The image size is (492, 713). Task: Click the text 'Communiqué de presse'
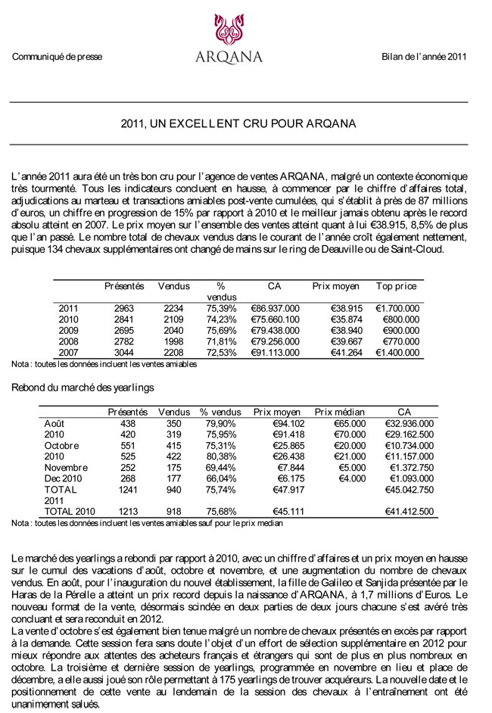click(57, 57)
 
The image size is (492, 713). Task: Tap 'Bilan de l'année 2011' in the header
click(424, 57)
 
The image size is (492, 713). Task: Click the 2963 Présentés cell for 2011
click(123, 309)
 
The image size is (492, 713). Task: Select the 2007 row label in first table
click(69, 353)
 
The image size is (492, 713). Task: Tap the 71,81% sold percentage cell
click(221, 341)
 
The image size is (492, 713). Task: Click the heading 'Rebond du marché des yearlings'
click(83, 388)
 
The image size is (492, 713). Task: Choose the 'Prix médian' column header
click(340, 412)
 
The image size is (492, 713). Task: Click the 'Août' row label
click(55, 423)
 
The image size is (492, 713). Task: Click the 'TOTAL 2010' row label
click(70, 512)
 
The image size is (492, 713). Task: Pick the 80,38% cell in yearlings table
click(220, 456)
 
